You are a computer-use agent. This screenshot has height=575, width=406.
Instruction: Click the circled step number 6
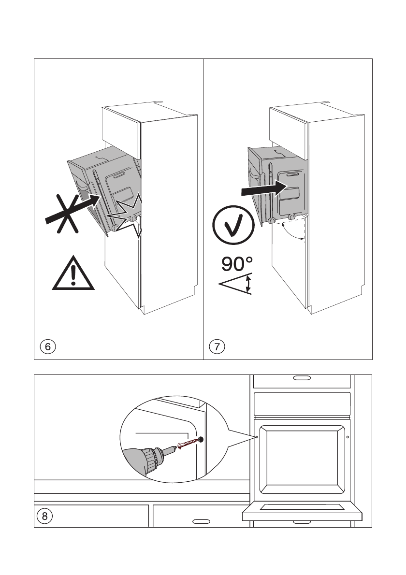coord(47,346)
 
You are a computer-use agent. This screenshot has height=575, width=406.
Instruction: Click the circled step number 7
coord(216,346)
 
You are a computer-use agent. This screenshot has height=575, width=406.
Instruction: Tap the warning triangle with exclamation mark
coord(73,274)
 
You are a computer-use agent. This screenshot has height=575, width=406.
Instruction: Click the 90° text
coord(237,264)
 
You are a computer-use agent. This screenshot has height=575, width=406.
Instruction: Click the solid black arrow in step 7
coord(261,189)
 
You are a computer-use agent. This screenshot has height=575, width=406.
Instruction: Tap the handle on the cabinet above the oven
coord(302,378)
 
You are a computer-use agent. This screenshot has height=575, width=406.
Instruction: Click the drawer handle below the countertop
coord(200,522)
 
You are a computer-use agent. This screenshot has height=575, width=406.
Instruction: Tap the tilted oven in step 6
coord(104,188)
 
